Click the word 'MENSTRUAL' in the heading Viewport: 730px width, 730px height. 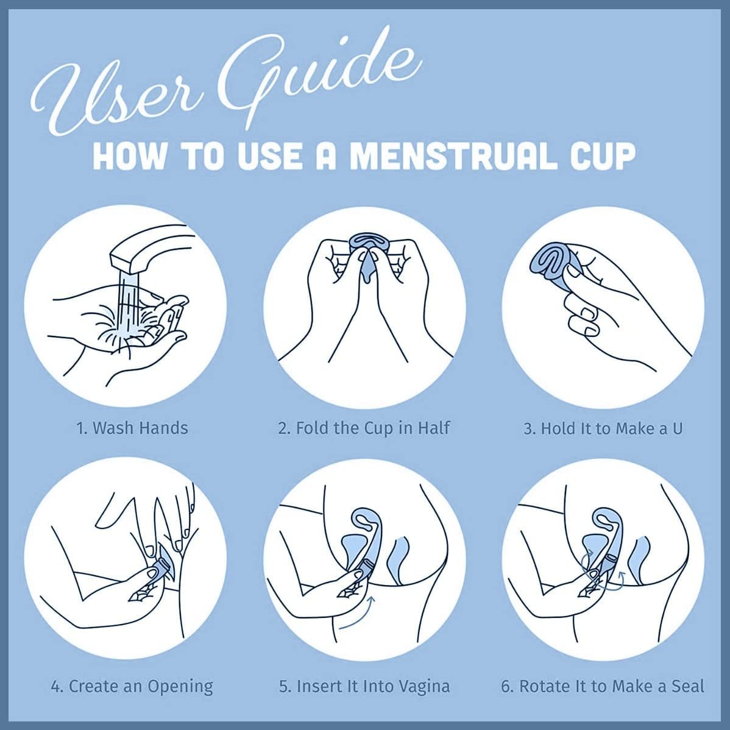point(453,155)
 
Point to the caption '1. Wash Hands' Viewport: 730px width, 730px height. point(132,428)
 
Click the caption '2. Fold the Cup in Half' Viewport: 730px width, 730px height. point(364,428)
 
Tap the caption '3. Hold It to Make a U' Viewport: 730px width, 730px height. point(603,428)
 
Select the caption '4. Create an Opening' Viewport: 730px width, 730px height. point(132,686)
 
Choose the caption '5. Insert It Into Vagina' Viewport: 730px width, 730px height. point(364,686)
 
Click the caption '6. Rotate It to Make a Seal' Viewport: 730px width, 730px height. point(603,686)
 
